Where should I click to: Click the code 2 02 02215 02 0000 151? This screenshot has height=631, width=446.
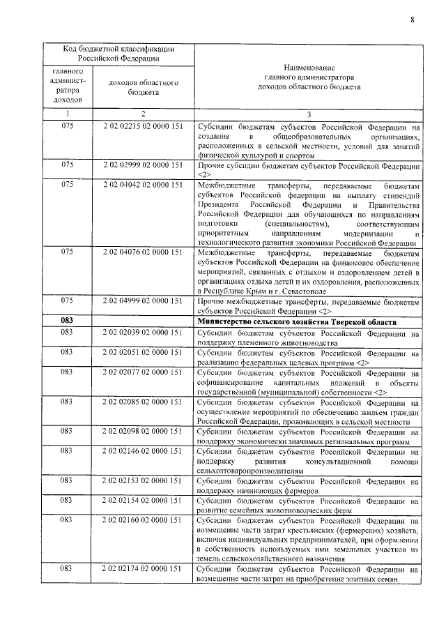[x=141, y=128]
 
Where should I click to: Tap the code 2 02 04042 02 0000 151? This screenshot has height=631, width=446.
[x=141, y=185]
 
